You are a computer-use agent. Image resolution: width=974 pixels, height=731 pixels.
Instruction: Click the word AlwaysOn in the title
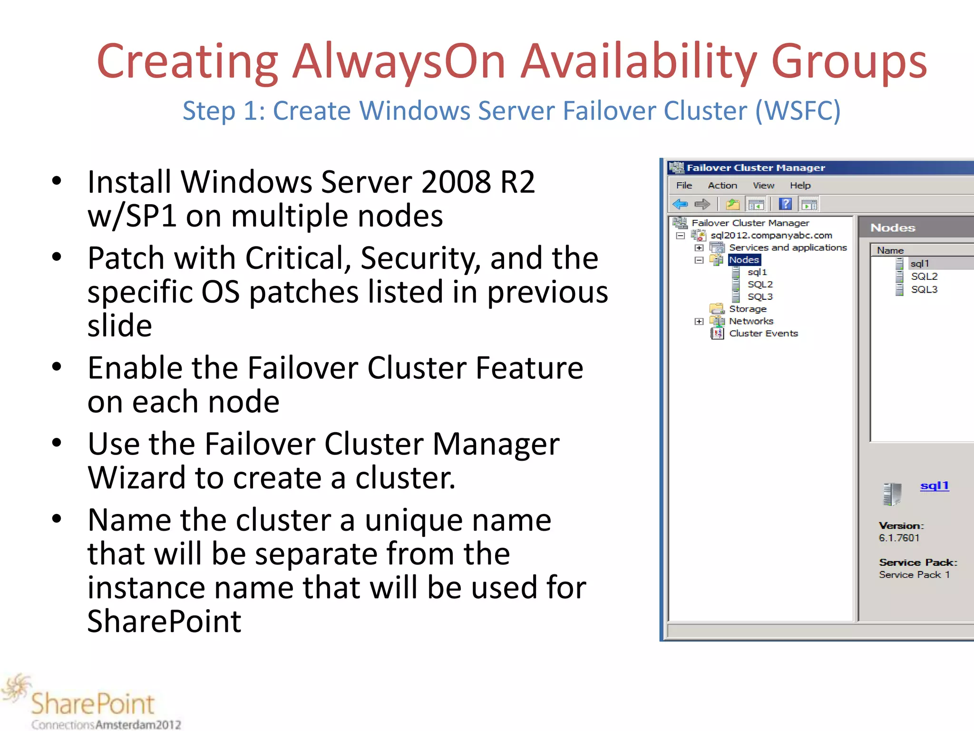click(399, 62)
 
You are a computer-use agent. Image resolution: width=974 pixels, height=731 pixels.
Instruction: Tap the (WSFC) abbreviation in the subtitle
click(798, 111)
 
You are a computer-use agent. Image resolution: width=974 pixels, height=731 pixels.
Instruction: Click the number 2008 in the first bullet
click(456, 182)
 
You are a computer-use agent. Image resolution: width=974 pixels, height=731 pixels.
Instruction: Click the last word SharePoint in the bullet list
click(165, 622)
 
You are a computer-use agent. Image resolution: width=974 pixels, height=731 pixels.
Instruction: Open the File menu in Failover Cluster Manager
click(684, 186)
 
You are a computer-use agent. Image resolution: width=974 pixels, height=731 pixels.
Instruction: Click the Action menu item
click(722, 186)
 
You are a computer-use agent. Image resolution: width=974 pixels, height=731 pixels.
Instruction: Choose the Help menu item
click(800, 186)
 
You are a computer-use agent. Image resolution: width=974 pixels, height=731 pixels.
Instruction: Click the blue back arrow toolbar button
click(680, 205)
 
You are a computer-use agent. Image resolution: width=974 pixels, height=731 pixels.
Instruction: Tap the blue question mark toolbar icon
click(785, 205)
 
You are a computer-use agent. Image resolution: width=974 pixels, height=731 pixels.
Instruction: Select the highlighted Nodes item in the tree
click(744, 260)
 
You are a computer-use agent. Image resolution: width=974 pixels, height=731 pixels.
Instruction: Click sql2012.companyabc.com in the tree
click(771, 235)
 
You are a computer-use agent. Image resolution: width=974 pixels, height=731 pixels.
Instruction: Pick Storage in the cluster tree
click(748, 309)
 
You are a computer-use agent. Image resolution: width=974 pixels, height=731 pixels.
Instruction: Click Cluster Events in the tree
click(763, 334)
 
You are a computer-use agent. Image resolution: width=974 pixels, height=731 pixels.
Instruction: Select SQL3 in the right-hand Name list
click(924, 289)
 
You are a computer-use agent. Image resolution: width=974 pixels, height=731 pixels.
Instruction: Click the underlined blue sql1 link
click(934, 486)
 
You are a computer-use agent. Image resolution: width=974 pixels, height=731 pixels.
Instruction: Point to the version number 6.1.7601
click(899, 538)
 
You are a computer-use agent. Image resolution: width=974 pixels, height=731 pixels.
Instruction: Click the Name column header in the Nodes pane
click(890, 250)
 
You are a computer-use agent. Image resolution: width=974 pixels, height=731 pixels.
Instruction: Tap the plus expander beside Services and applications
click(699, 248)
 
